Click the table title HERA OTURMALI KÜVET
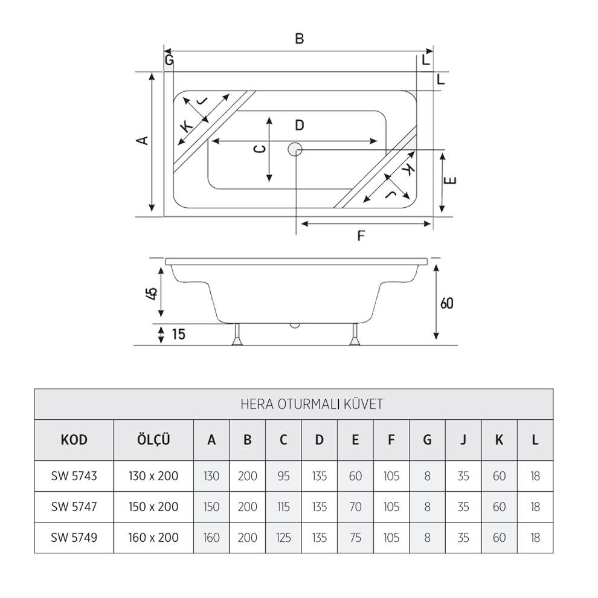[311, 404]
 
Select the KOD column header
[74, 440]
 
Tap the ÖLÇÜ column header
[153, 440]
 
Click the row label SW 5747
[74, 507]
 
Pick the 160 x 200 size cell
[153, 538]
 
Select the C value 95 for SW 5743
[283, 476]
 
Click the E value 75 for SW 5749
[355, 538]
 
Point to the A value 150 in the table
[211, 507]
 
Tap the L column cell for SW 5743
[535, 476]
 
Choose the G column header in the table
[427, 440]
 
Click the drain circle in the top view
[295, 149]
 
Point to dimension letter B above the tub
[299, 39]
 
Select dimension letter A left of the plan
[142, 141]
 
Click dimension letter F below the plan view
[361, 236]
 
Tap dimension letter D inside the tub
[299, 126]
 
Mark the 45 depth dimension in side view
[152, 293]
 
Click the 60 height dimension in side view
[446, 303]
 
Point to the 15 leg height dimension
[178, 334]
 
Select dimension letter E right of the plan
[453, 180]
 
